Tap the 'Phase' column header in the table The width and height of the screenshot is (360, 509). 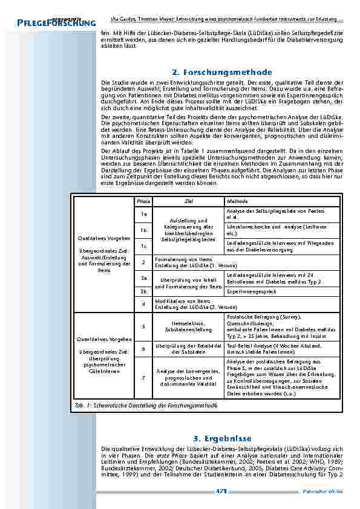click(143, 201)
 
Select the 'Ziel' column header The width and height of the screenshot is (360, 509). click(188, 201)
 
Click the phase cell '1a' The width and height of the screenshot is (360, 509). click(143, 213)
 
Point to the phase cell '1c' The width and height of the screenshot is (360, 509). click(143, 245)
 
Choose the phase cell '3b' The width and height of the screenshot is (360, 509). click(143, 291)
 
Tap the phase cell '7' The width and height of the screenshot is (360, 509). click(143, 378)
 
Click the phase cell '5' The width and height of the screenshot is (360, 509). click(143, 326)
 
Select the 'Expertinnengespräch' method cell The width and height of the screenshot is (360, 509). click(251, 291)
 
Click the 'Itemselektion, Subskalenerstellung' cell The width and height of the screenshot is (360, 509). click(188, 326)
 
